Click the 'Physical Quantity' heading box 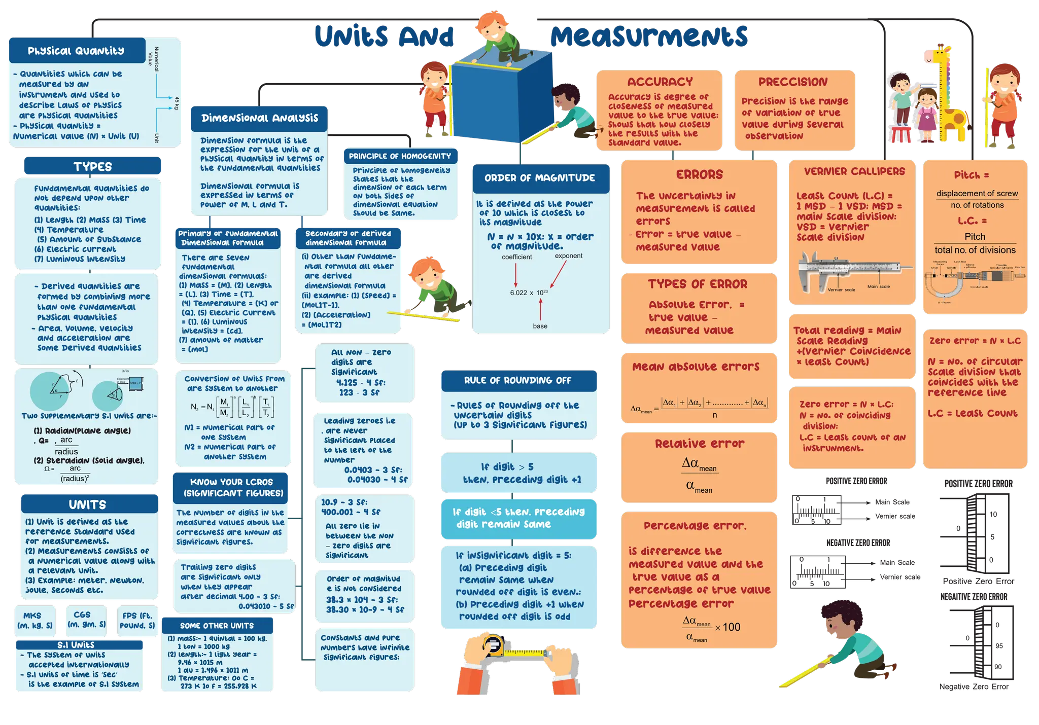tap(76, 51)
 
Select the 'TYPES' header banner tap(92, 166)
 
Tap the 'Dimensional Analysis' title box tap(259, 118)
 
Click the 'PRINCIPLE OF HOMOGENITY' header tap(400, 156)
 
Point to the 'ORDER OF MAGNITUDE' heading tap(540, 178)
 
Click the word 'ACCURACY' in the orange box tap(660, 82)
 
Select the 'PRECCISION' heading tap(793, 82)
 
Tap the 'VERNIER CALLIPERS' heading tap(854, 171)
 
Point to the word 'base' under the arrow tap(540, 326)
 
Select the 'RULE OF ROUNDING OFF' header tap(517, 380)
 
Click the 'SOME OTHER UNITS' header tap(217, 626)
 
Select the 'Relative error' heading tap(700, 444)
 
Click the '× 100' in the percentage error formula tap(728, 627)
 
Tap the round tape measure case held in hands tap(493, 645)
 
